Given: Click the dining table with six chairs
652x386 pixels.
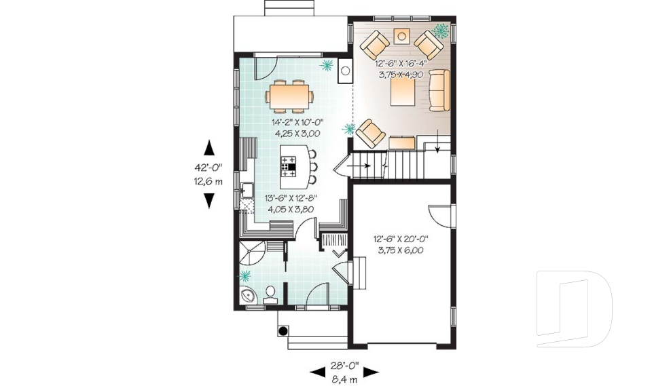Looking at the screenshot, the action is (289, 96).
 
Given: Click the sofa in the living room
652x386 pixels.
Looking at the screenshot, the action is (439, 91).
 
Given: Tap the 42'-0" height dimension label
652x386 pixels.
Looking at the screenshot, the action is (209, 168).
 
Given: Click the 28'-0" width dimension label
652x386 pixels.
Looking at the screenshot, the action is (344, 366).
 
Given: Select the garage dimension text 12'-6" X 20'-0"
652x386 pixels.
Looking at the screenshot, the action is (401, 239).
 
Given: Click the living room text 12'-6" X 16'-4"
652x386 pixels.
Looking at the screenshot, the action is (401, 64).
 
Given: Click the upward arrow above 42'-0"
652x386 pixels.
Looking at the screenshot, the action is (209, 148).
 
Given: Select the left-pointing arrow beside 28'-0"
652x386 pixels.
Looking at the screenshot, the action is (318, 372).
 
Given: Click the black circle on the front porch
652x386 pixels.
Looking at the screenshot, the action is (283, 331).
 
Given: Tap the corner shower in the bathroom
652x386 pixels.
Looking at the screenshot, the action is (251, 254).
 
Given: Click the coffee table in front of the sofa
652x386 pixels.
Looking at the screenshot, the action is (402, 92).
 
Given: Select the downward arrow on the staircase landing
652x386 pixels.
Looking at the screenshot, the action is (437, 141).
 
